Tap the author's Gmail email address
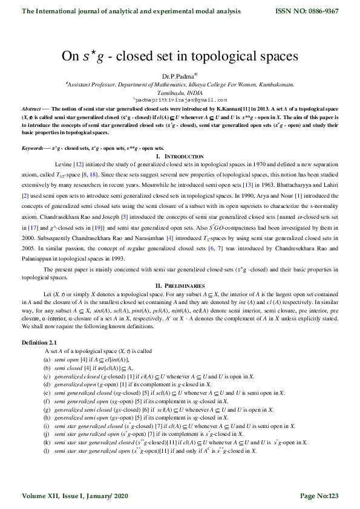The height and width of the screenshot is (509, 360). pos(180,99)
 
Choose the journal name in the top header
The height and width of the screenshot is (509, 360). pos(120,11)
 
